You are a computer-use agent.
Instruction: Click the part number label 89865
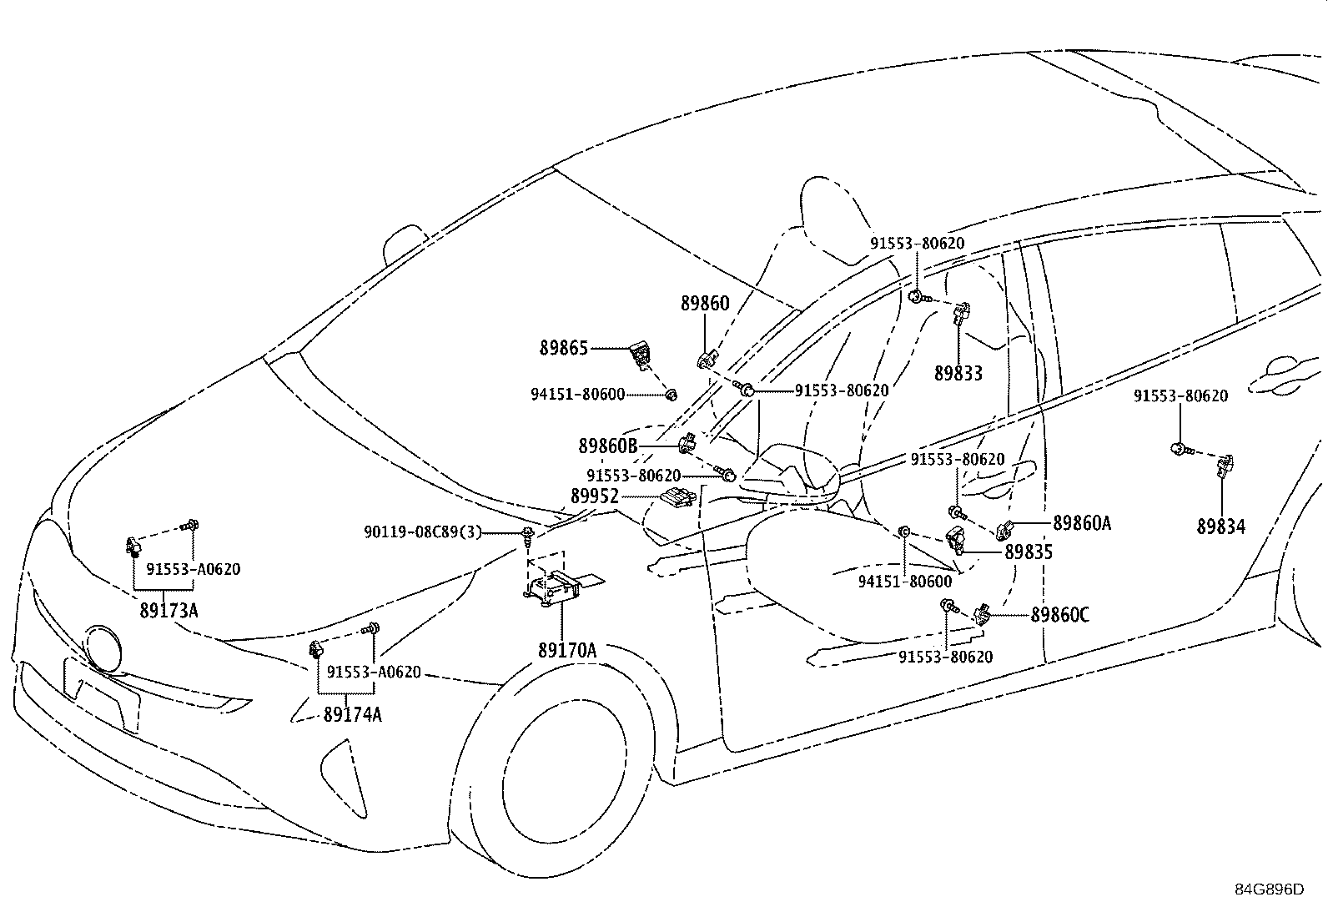coord(563,348)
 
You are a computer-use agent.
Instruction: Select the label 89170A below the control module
coord(566,651)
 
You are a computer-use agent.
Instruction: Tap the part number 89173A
coord(169,610)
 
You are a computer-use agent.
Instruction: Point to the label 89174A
coord(352,715)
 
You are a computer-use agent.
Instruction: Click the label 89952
coord(595,496)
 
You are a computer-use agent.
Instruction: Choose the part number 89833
coord(958,373)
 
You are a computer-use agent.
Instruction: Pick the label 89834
coord(1221,527)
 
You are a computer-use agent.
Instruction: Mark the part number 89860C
coord(1060,615)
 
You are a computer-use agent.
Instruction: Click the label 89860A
coord(1082,523)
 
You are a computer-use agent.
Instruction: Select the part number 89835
coord(1029,552)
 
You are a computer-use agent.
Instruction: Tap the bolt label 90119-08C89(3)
coord(423,532)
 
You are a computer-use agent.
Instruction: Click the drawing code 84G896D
coord(1270,889)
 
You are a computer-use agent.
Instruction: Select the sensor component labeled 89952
coord(677,496)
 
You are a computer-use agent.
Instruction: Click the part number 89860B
coord(608,446)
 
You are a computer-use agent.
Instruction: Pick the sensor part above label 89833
coord(962,313)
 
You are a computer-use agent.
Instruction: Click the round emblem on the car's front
coord(103,648)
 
